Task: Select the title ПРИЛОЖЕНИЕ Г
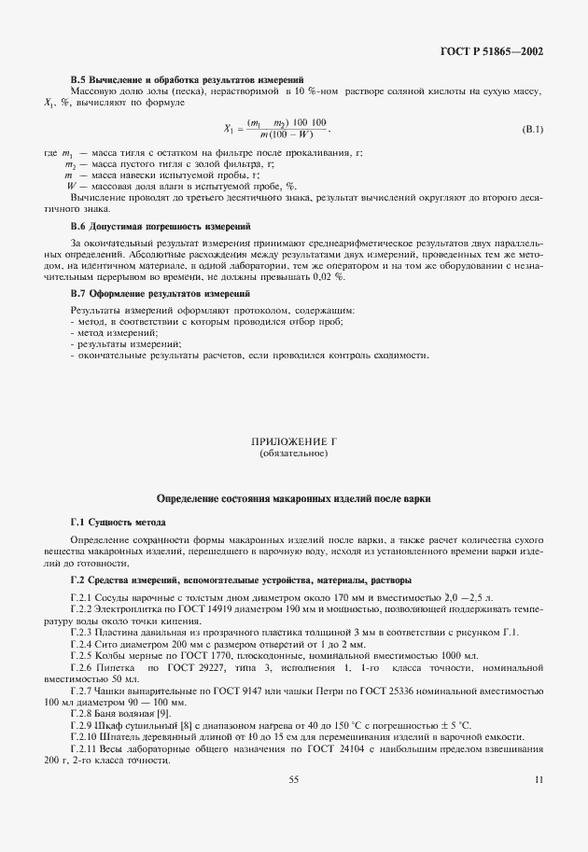point(293,440)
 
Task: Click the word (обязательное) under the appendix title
point(293,454)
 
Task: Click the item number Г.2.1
point(82,595)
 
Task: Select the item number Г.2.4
point(82,644)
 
